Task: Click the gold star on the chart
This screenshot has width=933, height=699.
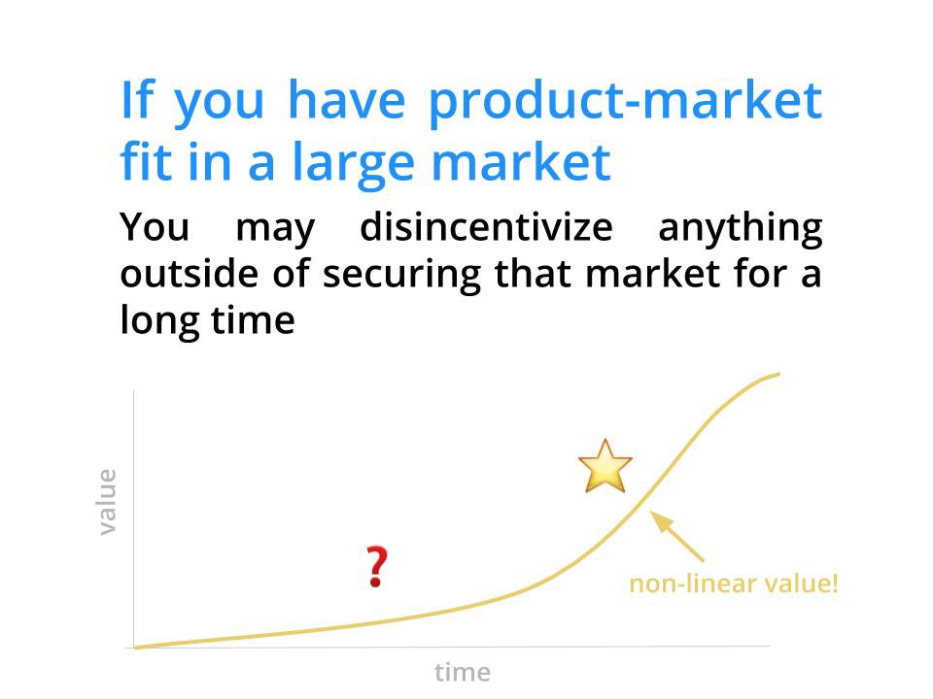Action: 605,467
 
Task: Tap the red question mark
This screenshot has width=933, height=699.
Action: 376,566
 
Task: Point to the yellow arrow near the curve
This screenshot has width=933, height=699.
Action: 677,536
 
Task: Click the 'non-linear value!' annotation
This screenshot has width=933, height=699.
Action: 734,583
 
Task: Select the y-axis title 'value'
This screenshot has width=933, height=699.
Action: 107,502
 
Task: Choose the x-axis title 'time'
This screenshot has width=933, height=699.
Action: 463,672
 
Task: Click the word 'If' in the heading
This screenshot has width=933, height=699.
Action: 137,100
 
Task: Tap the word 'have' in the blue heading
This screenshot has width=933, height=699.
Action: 346,100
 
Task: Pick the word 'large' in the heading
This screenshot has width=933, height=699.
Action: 354,165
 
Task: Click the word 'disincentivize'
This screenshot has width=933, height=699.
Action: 486,226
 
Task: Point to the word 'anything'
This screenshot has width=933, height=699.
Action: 741,229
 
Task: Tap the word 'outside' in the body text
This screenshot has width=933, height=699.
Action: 190,274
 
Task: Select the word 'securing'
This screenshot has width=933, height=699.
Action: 401,276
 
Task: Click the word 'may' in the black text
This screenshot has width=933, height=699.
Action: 275,232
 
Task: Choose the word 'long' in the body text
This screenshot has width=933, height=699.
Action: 159,322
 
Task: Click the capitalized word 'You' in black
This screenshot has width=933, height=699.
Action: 155,227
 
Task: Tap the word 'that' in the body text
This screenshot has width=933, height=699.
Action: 533,274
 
